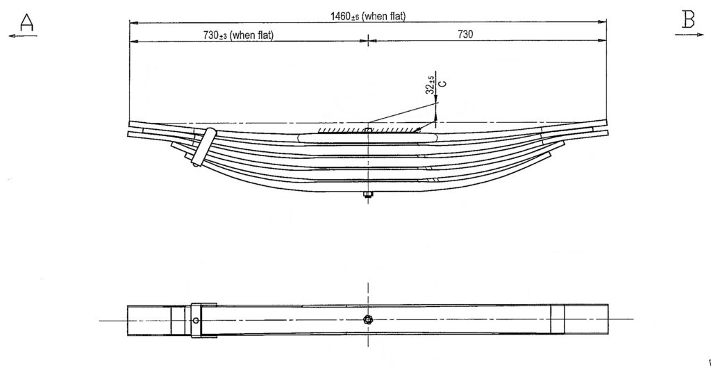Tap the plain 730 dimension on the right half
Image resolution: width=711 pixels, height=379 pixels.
click(x=465, y=35)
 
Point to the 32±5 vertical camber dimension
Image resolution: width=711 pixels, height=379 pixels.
click(x=430, y=85)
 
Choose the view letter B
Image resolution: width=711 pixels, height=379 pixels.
click(x=688, y=20)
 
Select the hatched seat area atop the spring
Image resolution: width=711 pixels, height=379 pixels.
click(x=368, y=129)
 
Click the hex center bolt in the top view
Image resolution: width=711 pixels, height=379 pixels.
click(x=368, y=319)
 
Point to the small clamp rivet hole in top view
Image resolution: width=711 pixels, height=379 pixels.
click(x=196, y=320)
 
